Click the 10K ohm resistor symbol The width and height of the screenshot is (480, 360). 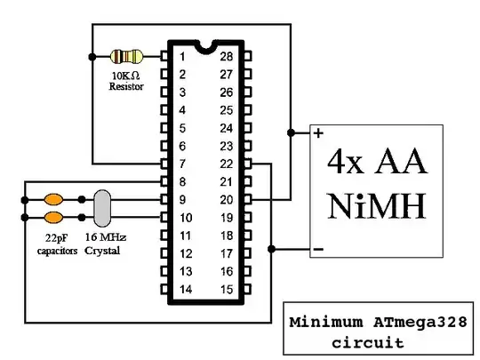[124, 56]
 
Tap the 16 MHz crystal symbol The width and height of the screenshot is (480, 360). [101, 207]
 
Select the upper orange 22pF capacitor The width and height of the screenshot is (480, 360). [53, 198]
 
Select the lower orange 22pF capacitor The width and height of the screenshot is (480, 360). [53, 217]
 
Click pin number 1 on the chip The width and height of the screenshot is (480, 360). [182, 57]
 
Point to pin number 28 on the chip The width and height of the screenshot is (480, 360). [226, 57]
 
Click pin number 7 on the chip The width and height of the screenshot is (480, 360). [182, 164]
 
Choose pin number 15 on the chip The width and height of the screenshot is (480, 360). [226, 289]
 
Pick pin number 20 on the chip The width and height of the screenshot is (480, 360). [226, 199]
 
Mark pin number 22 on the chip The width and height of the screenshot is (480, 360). [226, 164]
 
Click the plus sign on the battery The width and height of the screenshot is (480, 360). [317, 134]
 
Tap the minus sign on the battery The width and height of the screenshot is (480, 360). [317, 250]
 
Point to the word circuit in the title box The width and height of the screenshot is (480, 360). [366, 342]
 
